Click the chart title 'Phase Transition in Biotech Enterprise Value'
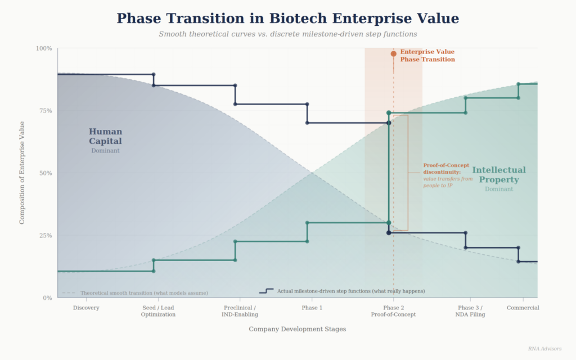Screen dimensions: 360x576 coord(287,19)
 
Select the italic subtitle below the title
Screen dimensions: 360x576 coord(287,34)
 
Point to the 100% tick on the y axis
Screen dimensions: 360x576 coord(44,48)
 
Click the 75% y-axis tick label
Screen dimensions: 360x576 coord(45,111)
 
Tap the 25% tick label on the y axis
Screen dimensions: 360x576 coord(45,235)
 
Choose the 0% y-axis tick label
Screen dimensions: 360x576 coord(47,298)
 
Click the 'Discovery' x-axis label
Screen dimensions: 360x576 coord(86,308)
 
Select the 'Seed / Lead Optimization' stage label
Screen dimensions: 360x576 coord(158,311)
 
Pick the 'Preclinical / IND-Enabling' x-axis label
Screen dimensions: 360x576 coord(240,311)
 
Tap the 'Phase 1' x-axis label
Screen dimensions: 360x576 coord(312,308)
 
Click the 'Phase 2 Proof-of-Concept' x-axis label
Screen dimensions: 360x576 coord(393,311)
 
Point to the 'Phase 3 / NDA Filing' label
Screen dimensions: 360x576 coord(470,311)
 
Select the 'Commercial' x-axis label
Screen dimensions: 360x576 coord(523,308)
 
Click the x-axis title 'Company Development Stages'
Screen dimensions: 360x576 coord(297,329)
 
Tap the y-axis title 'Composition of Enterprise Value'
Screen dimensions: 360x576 coord(22,173)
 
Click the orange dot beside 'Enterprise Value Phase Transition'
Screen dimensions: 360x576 coord(394,53)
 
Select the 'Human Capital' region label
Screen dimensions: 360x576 coord(105,137)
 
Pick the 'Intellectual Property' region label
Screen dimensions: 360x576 coord(499,174)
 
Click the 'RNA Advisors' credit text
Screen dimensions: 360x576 coord(544,349)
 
